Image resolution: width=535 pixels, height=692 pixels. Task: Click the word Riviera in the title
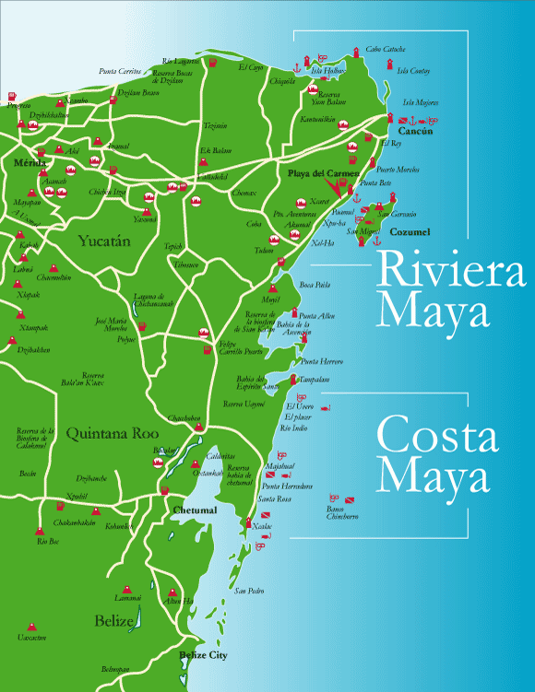[433, 273]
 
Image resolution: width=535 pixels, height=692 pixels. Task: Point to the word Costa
[431, 439]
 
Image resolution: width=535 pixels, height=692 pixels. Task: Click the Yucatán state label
[104, 241]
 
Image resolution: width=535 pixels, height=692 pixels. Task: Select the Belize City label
[203, 655]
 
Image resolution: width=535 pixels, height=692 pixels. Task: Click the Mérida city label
[30, 162]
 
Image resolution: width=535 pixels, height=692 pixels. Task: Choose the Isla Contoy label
[414, 71]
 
